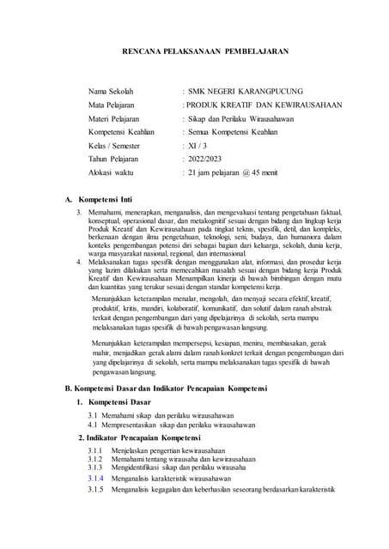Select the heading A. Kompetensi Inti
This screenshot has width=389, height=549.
[x=104, y=199]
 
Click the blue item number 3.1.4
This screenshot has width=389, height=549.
[x=95, y=478]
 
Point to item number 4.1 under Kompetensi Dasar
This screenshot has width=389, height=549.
[x=93, y=425]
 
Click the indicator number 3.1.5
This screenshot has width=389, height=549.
[x=95, y=489]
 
